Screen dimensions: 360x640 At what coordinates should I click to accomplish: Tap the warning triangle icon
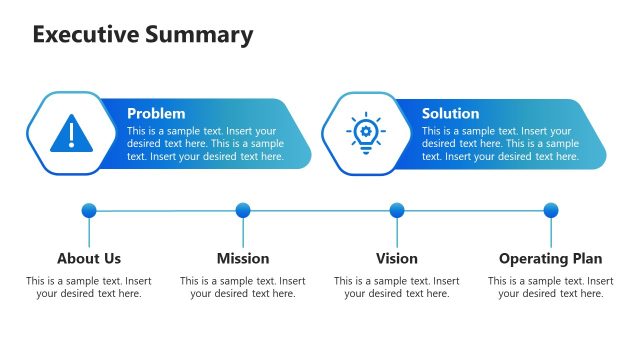69,133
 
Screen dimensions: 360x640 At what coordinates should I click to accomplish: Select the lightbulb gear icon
364,133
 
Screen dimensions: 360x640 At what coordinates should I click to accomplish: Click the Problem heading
156,114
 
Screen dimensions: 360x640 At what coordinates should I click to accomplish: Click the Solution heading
450,114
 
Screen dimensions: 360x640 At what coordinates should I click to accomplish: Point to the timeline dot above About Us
89,210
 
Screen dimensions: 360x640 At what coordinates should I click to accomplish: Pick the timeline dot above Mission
243,210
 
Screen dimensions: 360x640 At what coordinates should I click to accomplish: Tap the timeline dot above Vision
397,210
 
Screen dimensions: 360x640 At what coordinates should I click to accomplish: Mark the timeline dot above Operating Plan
551,210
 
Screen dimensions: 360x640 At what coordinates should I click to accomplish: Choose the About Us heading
89,259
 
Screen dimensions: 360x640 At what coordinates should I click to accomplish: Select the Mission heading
243,259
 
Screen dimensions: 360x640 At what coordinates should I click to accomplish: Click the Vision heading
397,259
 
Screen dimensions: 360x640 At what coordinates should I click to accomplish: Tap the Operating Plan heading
551,259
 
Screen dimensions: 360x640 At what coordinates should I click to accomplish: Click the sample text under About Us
89,288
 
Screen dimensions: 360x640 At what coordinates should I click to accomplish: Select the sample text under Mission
243,288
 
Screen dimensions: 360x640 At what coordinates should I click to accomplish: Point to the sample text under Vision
397,288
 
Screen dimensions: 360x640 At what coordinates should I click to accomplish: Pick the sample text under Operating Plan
551,288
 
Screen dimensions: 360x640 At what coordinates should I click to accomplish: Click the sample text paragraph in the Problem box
205,144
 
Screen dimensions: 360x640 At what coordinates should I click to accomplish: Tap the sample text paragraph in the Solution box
500,144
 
